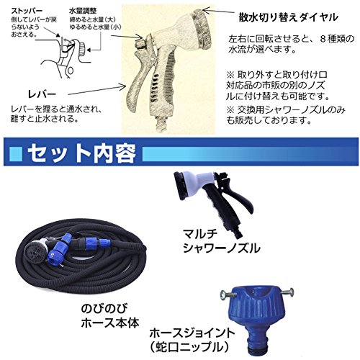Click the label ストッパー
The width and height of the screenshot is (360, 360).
tap(27, 11)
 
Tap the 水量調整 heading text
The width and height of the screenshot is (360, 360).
tap(83, 11)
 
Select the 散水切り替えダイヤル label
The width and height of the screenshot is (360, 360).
tap(288, 17)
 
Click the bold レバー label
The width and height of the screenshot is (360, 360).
tap(42, 94)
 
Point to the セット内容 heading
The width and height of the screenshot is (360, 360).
tap(81, 153)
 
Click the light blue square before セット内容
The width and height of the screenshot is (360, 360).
tap(16, 153)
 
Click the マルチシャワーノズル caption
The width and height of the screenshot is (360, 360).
tap(221, 240)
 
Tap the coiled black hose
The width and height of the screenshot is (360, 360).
tap(81, 258)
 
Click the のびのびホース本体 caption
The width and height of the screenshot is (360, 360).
tap(110, 315)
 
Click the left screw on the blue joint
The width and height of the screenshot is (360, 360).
tap(225, 294)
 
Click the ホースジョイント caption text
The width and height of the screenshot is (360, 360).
tap(192, 333)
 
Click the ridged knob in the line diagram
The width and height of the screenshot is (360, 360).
tap(82, 50)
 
